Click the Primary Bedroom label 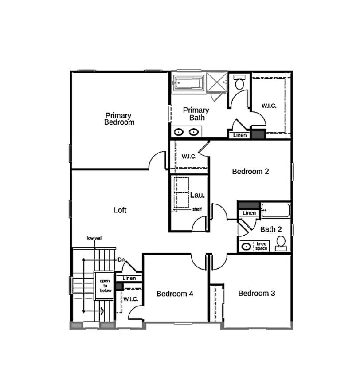(x=119, y=119)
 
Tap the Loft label (x=120, y=210)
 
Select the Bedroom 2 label (x=250, y=171)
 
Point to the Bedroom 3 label (x=257, y=293)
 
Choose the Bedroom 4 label (x=175, y=294)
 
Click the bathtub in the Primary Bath (x=188, y=83)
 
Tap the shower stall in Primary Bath (x=217, y=82)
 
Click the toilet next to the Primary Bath (x=239, y=82)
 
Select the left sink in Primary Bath (x=178, y=132)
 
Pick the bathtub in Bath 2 (x=276, y=210)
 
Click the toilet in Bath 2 (x=281, y=243)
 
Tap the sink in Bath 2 (x=246, y=247)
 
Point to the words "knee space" (x=261, y=246)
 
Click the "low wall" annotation (x=94, y=238)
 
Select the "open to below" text (x=106, y=286)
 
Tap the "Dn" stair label (x=121, y=260)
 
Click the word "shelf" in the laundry (x=197, y=209)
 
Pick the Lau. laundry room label (x=197, y=195)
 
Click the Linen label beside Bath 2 (x=249, y=213)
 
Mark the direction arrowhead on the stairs (x=102, y=311)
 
